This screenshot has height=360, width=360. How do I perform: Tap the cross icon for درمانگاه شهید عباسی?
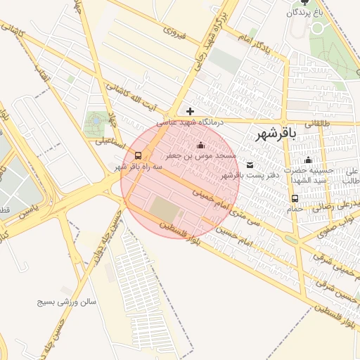[x=190, y=110]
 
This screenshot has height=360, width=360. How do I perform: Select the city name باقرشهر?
[x=276, y=133]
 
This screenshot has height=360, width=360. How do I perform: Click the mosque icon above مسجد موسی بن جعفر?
[x=200, y=145]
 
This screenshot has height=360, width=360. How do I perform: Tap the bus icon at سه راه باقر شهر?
[x=137, y=155]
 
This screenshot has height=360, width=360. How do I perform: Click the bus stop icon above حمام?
[x=294, y=198]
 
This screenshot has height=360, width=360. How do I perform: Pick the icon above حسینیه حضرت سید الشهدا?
[x=308, y=160]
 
